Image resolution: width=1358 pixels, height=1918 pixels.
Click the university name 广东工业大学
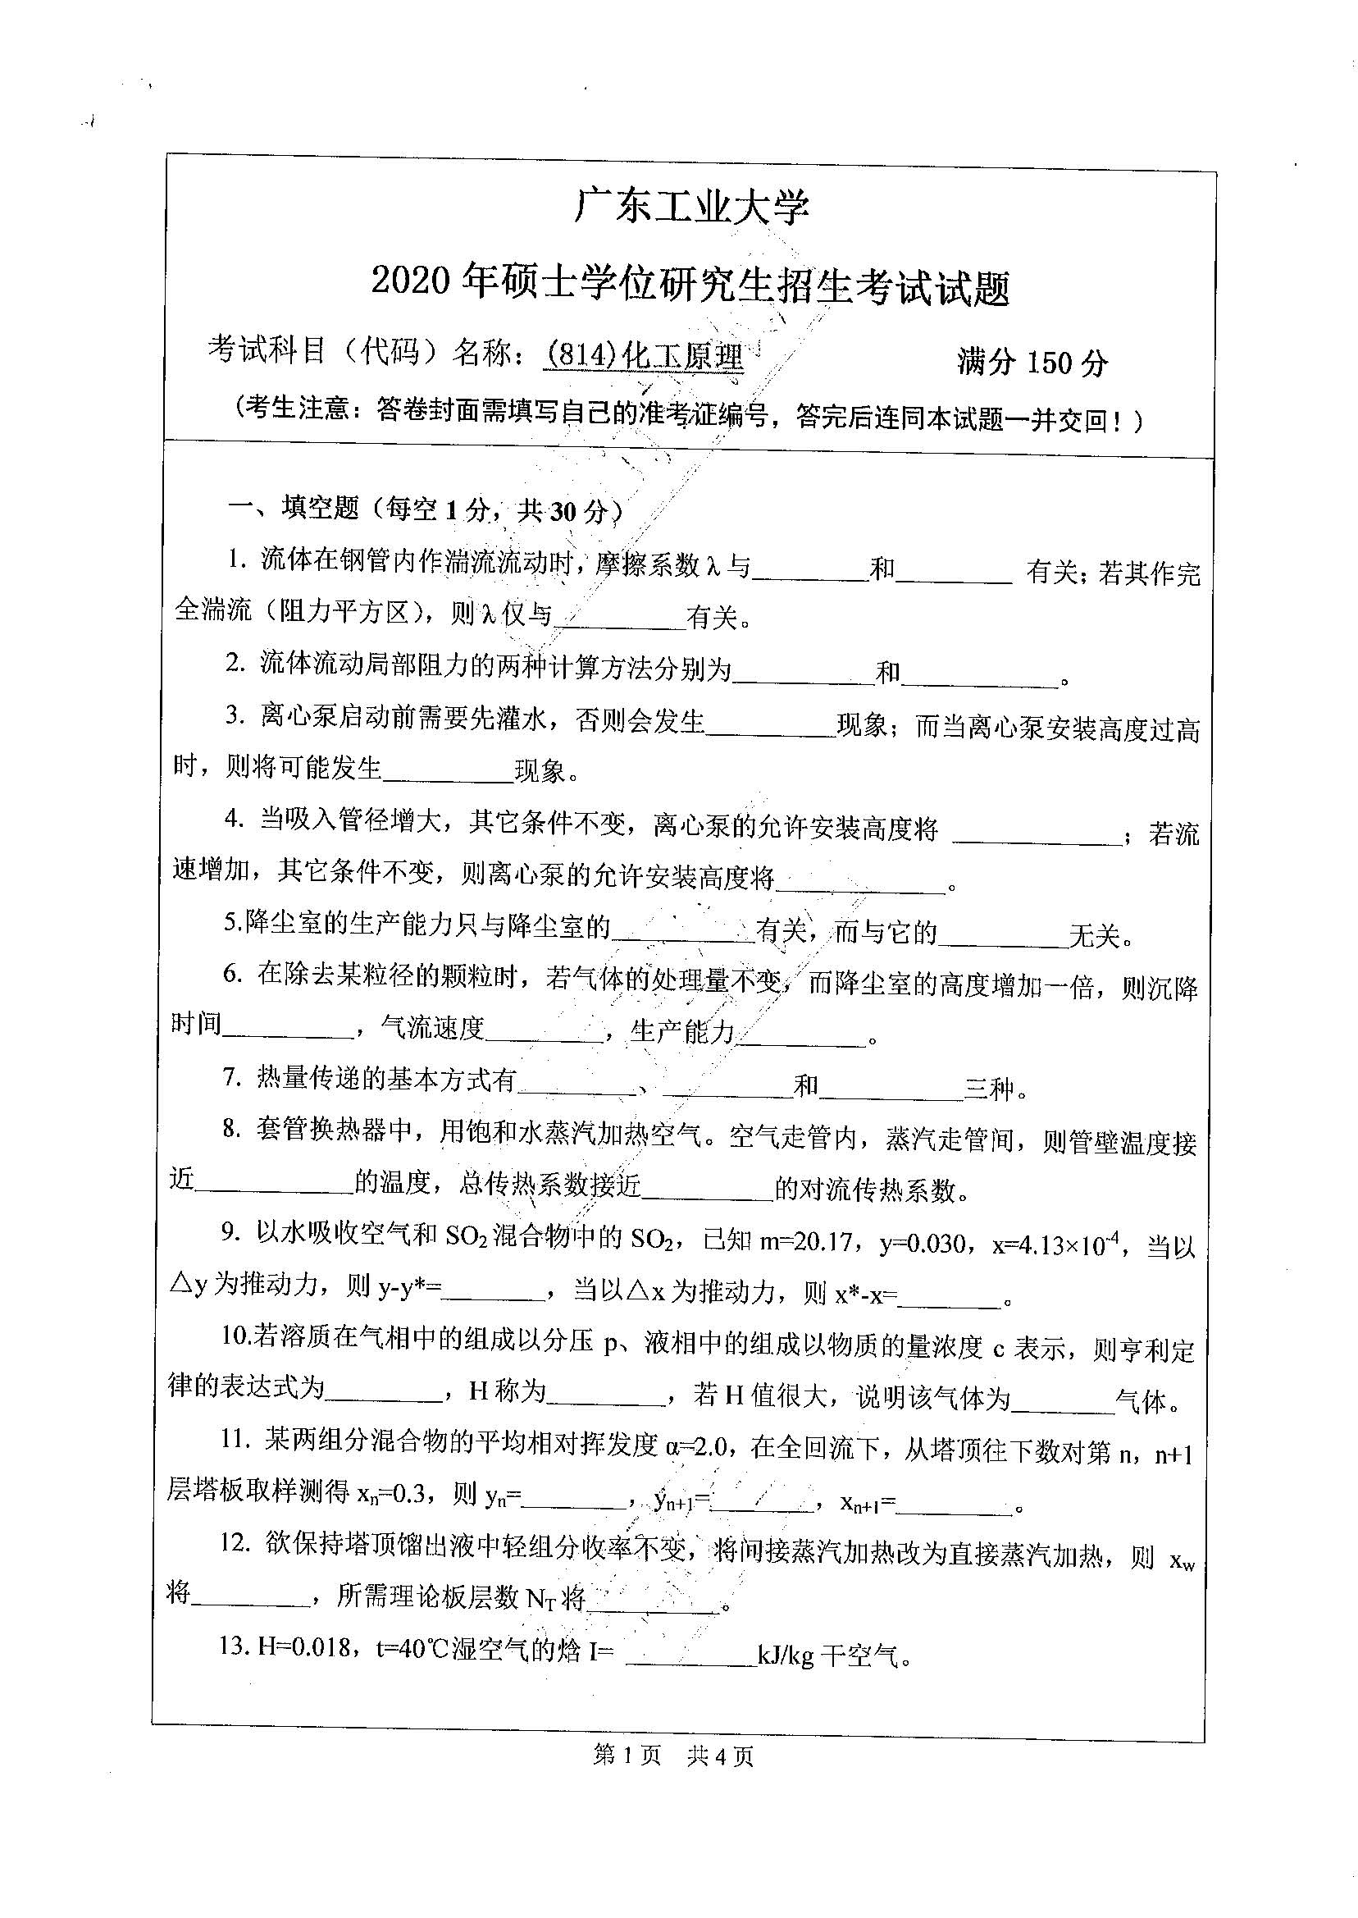[690, 206]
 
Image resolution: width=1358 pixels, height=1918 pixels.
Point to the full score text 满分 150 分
[1032, 361]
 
